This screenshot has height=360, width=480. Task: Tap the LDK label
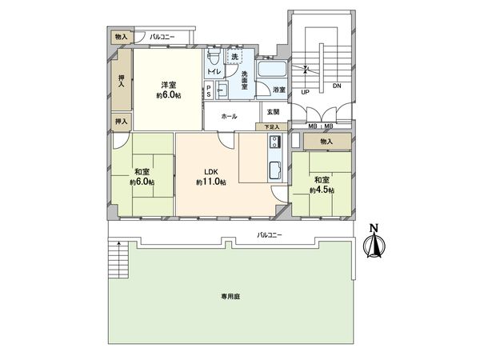click(x=210, y=172)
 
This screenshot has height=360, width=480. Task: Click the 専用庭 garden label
click(x=232, y=296)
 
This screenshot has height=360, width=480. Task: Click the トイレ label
click(x=214, y=73)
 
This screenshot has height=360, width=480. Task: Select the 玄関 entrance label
click(x=273, y=111)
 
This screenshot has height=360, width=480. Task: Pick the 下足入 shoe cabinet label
click(x=272, y=127)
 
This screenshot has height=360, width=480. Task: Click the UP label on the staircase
click(x=305, y=92)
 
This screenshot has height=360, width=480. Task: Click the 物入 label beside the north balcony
click(x=121, y=37)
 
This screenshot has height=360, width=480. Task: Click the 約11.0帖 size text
click(x=210, y=182)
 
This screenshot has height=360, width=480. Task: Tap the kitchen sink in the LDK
click(x=274, y=170)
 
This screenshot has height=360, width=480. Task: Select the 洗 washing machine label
click(x=234, y=58)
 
